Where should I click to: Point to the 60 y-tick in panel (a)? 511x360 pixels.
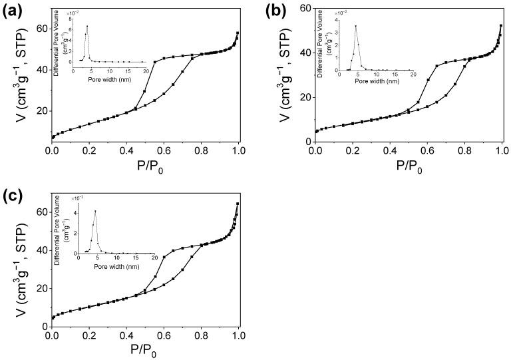tap(41, 29)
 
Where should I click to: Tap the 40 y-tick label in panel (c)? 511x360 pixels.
tap(41, 250)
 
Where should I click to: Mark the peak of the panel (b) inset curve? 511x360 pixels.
tap(356, 26)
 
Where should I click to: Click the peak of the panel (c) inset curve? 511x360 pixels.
tap(96, 211)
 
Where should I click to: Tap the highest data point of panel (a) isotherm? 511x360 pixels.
tap(238, 33)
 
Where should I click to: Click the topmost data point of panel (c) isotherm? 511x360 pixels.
tap(238, 204)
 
